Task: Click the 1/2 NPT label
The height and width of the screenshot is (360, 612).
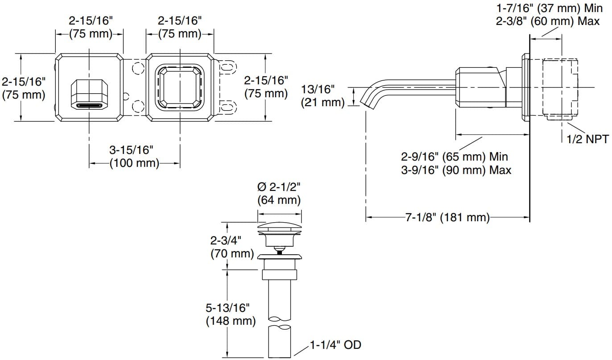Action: pyautogui.click(x=587, y=139)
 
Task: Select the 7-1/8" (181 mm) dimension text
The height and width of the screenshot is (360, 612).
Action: pyautogui.click(x=447, y=218)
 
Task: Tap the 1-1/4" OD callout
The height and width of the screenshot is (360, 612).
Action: pyautogui.click(x=334, y=344)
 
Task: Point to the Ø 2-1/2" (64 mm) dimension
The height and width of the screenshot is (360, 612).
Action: pyautogui.click(x=279, y=193)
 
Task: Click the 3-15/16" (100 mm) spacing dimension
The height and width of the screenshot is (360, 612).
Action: pyautogui.click(x=135, y=156)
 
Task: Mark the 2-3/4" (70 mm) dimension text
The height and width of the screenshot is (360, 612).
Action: pyautogui.click(x=232, y=247)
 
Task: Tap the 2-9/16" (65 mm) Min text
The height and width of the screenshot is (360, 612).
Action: pyautogui.click(x=454, y=157)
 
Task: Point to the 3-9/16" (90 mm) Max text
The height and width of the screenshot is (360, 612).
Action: pyautogui.click(x=456, y=170)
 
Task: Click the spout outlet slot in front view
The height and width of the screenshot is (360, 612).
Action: pyautogui.click(x=90, y=105)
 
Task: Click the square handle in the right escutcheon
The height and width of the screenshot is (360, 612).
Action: pyautogui.click(x=179, y=87)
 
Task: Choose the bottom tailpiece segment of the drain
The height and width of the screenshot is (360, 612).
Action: pyautogui.click(x=280, y=341)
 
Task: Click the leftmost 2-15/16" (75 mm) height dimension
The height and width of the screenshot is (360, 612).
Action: pyautogui.click(x=23, y=88)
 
